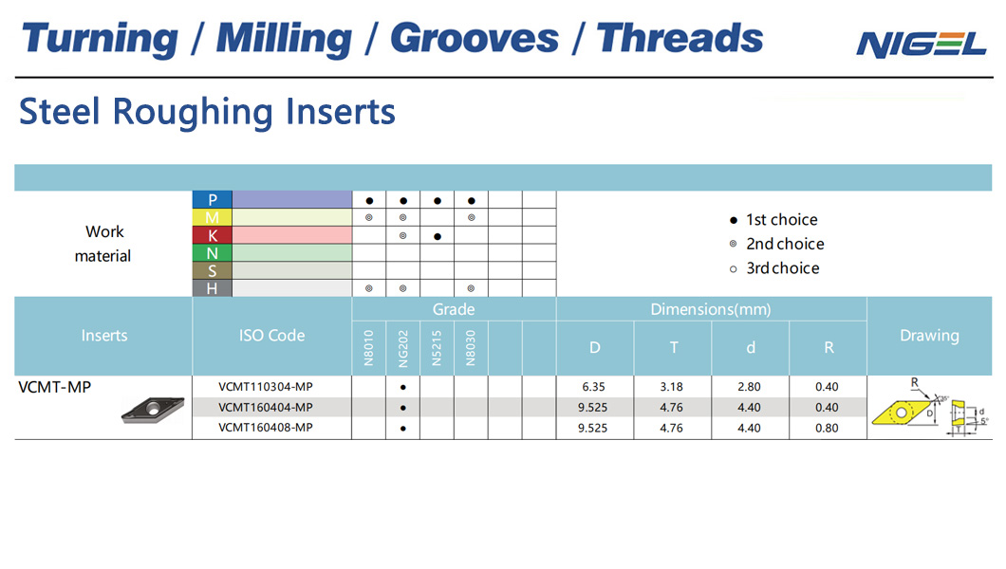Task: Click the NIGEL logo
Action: pyautogui.click(x=921, y=45)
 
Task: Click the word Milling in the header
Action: pyautogui.click(x=284, y=39)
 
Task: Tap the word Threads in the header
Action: pyautogui.click(x=680, y=38)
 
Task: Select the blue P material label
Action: pyautogui.click(x=212, y=199)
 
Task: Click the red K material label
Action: pyautogui.click(x=212, y=235)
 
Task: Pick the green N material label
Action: pyautogui.click(x=212, y=253)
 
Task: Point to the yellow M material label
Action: pyautogui.click(x=212, y=217)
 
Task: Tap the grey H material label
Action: pyautogui.click(x=212, y=288)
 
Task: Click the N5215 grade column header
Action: pyautogui.click(x=437, y=348)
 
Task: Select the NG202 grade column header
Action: pyautogui.click(x=403, y=349)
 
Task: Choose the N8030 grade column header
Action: pyautogui.click(x=471, y=348)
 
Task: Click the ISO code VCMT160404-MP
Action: pyautogui.click(x=266, y=407)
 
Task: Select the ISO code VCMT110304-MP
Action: pyautogui.click(x=266, y=386)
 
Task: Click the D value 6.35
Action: pyautogui.click(x=593, y=386)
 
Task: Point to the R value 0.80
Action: pyautogui.click(x=827, y=428)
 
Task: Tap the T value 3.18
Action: pyautogui.click(x=671, y=386)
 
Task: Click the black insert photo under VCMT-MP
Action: pyautogui.click(x=153, y=410)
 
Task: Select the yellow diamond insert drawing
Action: pyautogui.click(x=901, y=412)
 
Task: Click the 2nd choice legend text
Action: pyautogui.click(x=785, y=244)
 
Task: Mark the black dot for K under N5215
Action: pyautogui.click(x=437, y=236)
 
